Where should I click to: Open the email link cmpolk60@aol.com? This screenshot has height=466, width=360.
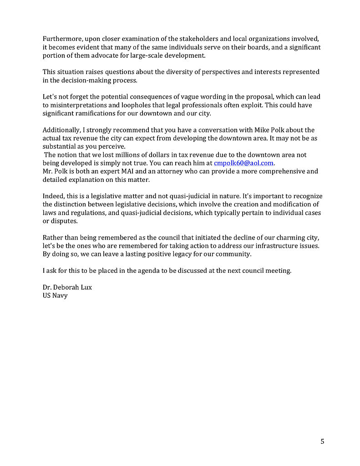(244, 163)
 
